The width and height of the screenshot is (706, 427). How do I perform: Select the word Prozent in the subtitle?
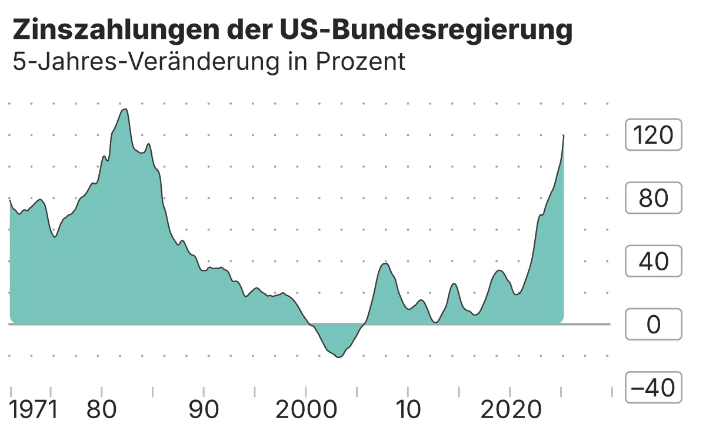tap(361, 61)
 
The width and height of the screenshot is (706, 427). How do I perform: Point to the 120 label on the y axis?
tap(653, 135)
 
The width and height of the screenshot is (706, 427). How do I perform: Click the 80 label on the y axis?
tap(653, 198)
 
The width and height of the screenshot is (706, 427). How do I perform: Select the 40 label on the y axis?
tap(653, 262)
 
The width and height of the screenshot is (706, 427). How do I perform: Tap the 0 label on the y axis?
tap(653, 325)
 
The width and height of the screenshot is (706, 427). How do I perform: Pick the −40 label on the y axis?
tap(653, 388)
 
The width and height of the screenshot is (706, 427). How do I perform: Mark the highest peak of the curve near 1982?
tap(124, 110)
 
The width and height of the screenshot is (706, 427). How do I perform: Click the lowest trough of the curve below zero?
tap(338, 357)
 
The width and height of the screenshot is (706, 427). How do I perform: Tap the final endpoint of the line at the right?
tap(564, 135)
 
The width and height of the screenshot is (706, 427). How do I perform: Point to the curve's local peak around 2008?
tap(385, 263)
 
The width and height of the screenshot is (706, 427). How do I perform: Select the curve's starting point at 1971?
tap(11, 200)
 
